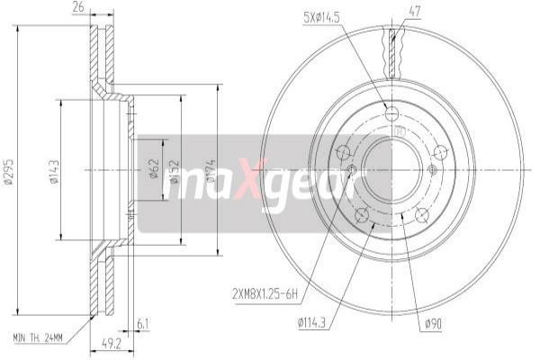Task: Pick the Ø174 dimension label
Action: pos(211,170)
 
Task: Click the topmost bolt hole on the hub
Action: pos(391,112)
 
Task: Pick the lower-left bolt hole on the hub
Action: pos(361,214)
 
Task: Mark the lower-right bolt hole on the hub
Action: pos(421,214)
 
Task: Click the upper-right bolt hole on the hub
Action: pos(440,152)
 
